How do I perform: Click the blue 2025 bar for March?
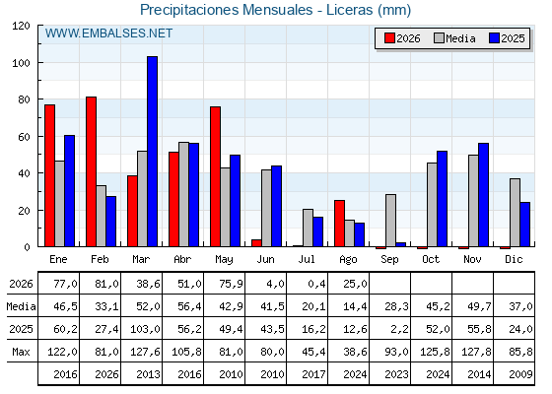[153, 152]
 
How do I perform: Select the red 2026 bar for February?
[91, 171]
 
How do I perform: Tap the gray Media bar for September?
[390, 221]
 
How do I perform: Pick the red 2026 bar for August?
[340, 224]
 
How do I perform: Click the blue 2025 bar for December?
[524, 225]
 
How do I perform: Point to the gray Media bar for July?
[308, 228]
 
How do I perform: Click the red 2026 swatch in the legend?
[389, 38]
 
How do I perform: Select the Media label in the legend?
[460, 38]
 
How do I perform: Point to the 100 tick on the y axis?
[39, 63]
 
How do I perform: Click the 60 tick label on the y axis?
[24, 137]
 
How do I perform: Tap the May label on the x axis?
[224, 260]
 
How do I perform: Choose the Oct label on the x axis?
[431, 259]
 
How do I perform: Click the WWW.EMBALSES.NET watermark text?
[108, 33]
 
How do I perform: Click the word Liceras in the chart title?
[349, 10]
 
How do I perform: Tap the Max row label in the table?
[21, 352]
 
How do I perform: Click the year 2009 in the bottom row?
[520, 374]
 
